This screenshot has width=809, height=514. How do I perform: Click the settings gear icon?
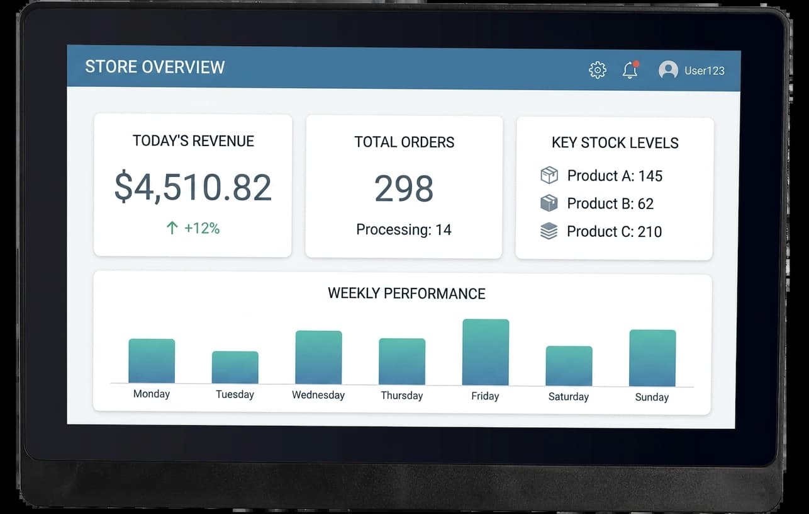coord(598,70)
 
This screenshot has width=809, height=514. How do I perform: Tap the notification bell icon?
coord(630,70)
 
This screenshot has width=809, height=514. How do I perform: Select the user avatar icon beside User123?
coord(668,70)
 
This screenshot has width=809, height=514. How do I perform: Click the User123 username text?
coord(705,71)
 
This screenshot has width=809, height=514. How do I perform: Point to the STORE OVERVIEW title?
coord(155,67)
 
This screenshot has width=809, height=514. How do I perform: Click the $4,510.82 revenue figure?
coord(193,187)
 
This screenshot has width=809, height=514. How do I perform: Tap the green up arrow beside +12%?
coord(172,228)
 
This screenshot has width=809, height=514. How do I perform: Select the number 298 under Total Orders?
coord(404,188)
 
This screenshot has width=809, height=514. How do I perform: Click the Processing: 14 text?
coord(404,230)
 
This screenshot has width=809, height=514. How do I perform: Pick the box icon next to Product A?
coord(549,175)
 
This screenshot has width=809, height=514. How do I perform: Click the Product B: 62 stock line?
coord(610,203)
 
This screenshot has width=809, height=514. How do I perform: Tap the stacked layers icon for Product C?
coord(549,231)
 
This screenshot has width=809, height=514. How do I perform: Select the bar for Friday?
coord(486,352)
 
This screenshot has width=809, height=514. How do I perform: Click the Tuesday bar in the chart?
coord(235,367)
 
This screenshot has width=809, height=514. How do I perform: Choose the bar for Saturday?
coord(569,366)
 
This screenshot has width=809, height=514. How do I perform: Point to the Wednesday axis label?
coord(318,395)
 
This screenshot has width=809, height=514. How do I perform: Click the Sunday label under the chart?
coord(652,397)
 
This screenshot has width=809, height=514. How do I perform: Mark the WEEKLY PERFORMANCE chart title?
coord(406,294)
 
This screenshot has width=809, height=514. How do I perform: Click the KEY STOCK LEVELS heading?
coord(615,143)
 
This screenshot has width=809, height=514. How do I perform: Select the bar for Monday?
coord(152,361)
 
